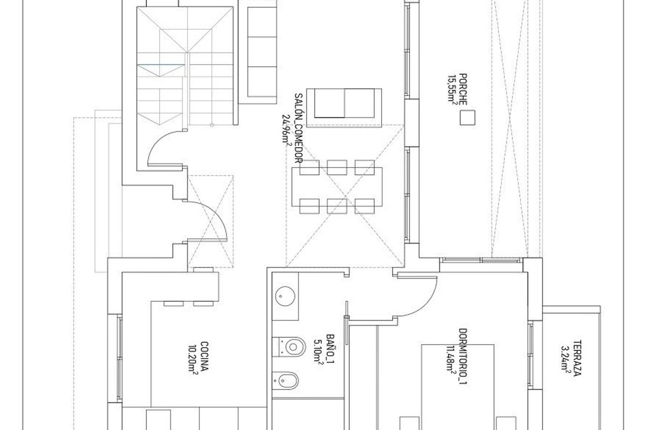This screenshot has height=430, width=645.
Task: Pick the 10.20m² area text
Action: [194, 359]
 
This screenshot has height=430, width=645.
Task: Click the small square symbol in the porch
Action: [468, 118]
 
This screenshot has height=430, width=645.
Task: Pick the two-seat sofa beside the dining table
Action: [344, 103]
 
